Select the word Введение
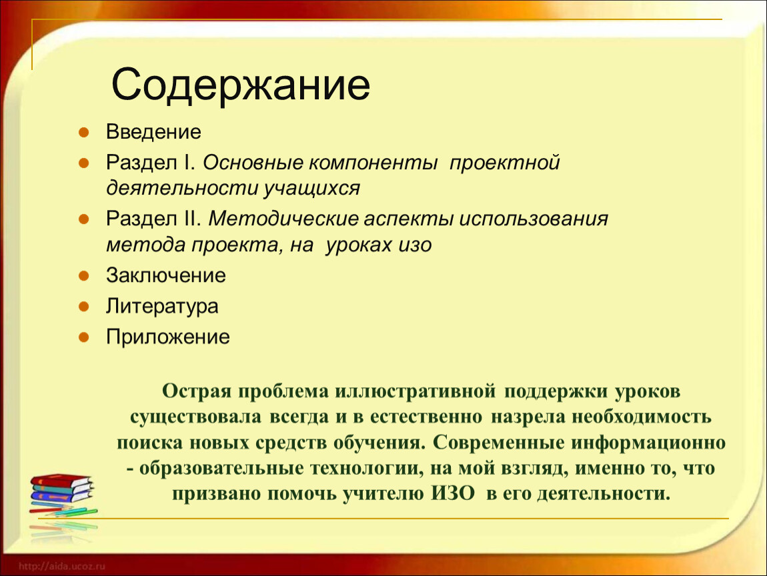[153, 132]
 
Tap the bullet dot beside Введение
[83, 132]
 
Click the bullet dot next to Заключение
[83, 276]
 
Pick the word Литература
[162, 307]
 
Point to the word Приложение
[168, 337]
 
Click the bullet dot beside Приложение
[83, 337]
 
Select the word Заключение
[166, 276]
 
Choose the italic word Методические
[283, 219]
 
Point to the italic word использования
[533, 219]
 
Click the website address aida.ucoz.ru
[61, 566]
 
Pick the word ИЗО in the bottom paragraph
[452, 493]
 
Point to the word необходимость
[642, 417]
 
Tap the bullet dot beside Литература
[83, 307]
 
